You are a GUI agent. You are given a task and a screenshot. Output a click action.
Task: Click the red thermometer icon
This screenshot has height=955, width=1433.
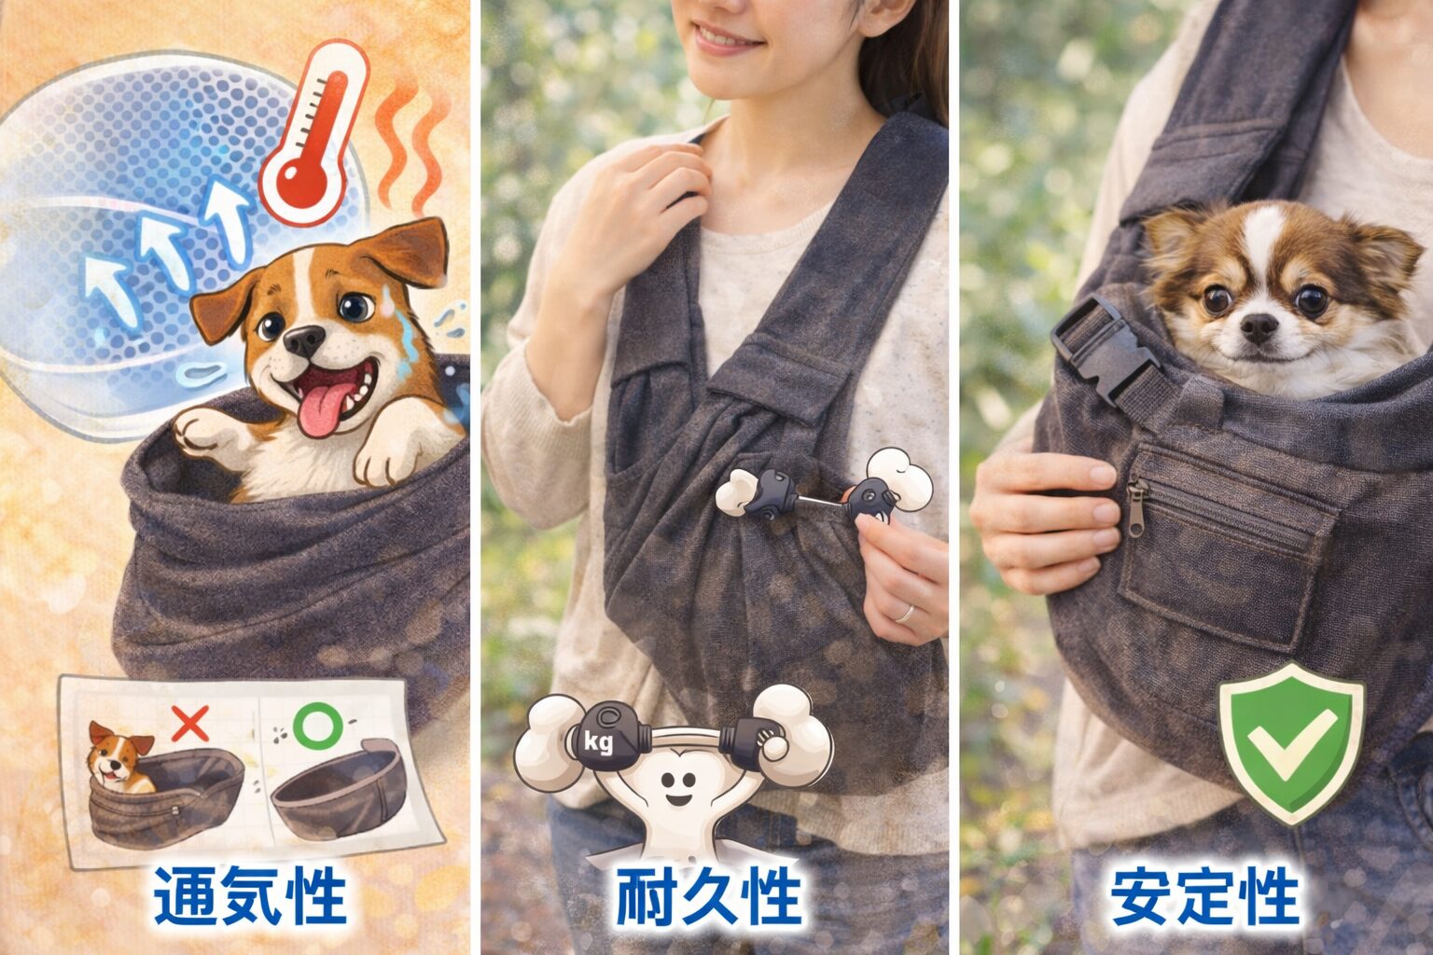pyautogui.click(x=313, y=134)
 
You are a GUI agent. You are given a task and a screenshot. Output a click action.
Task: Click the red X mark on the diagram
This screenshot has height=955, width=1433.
pyautogui.click(x=190, y=723)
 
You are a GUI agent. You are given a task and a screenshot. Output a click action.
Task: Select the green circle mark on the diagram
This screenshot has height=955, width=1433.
pyautogui.click(x=317, y=725)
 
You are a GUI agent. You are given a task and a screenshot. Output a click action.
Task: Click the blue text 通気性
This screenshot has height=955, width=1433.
pyautogui.click(x=250, y=895)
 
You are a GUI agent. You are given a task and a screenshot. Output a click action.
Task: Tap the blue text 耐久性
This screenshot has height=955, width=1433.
pyautogui.click(x=709, y=895)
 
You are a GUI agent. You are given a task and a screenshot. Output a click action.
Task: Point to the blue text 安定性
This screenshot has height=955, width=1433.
pyautogui.click(x=1205, y=895)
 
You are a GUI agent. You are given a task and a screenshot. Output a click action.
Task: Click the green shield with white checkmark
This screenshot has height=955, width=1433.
pyautogui.click(x=1292, y=744)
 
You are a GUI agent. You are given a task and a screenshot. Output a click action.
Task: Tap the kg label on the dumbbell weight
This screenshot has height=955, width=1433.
pyautogui.click(x=598, y=742)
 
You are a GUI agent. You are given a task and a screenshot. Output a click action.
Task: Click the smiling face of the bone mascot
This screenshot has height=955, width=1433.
pyautogui.click(x=676, y=788)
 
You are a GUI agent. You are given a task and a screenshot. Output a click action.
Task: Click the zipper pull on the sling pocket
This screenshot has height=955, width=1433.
pyautogui.click(x=1137, y=506)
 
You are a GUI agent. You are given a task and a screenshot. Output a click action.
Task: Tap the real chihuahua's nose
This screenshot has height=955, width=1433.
pyautogui.click(x=1259, y=327)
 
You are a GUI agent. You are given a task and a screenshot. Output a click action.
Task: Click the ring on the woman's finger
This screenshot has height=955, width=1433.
pyautogui.click(x=904, y=614)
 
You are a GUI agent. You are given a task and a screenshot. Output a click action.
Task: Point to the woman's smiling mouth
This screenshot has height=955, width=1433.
pyautogui.click(x=728, y=36)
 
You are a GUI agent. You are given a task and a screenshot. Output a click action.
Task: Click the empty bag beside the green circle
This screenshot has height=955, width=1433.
pyautogui.click(x=340, y=789)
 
